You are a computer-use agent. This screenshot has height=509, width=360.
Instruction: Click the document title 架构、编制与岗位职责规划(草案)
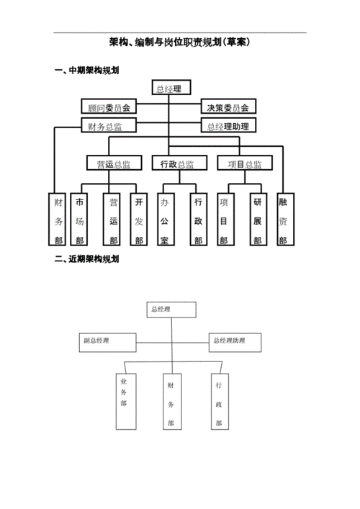[x=179, y=43]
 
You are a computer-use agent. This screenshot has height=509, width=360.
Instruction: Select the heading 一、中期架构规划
[x=86, y=71]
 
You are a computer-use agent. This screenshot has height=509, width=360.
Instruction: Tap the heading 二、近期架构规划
[x=86, y=259]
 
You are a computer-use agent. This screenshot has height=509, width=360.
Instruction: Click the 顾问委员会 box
[x=108, y=107]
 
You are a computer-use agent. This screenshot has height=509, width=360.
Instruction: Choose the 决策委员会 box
[x=228, y=107]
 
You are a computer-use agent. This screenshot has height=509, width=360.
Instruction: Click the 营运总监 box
[x=113, y=164]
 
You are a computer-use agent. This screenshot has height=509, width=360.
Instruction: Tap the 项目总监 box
[x=245, y=164]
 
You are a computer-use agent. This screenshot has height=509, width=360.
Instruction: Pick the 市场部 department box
[x=80, y=220]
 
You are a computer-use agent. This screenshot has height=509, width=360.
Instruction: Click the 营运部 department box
[x=113, y=220]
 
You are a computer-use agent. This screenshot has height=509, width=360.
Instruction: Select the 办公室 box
[x=165, y=220]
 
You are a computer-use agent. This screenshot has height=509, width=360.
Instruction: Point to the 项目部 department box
[x=224, y=220]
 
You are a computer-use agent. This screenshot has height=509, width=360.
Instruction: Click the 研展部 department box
[x=257, y=220]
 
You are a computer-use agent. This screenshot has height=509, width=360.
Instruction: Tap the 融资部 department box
[x=283, y=220]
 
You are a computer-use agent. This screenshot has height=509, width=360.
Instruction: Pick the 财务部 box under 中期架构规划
[x=58, y=220]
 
